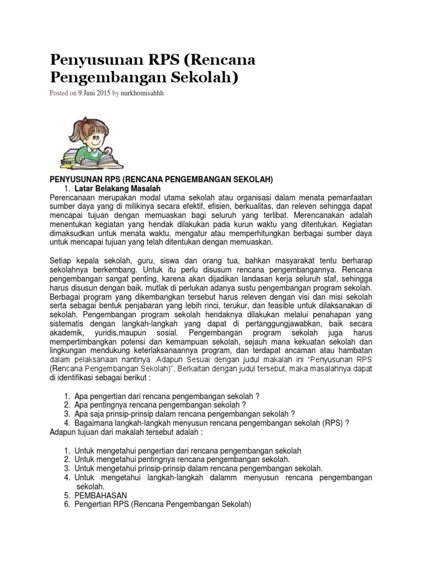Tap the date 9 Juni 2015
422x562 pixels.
pos(94,93)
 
